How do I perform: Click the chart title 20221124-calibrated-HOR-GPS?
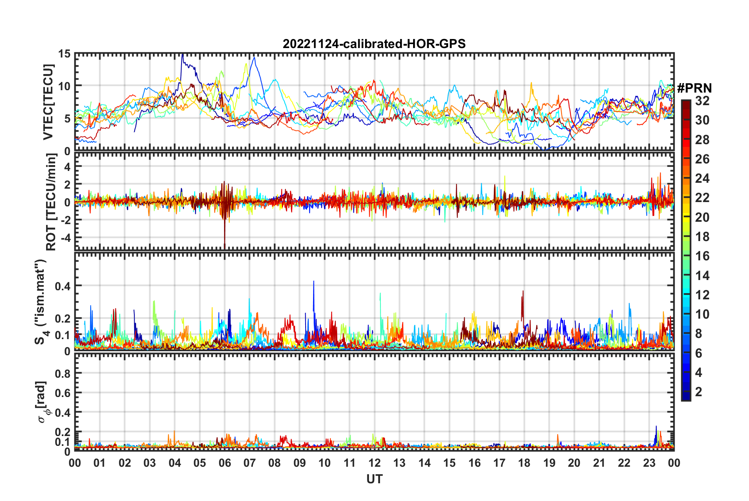click(374, 44)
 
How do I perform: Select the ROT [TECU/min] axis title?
click(51, 202)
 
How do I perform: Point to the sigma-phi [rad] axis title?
click(43, 402)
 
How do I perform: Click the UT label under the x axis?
click(374, 479)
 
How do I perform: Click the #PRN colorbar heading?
click(694, 88)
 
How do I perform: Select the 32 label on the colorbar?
click(702, 101)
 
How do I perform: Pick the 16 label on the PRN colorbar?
click(702, 256)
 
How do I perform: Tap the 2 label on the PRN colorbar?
click(699, 392)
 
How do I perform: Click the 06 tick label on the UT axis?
click(224, 463)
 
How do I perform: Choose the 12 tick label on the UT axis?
click(374, 463)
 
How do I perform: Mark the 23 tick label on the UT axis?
click(649, 463)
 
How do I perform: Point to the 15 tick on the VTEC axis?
click(64, 54)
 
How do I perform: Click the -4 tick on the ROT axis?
click(64, 238)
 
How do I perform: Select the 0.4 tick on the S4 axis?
click(63, 286)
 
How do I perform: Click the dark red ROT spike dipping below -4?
click(224, 242)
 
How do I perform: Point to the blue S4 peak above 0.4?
click(313, 282)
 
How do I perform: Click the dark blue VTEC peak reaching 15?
click(182, 56)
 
